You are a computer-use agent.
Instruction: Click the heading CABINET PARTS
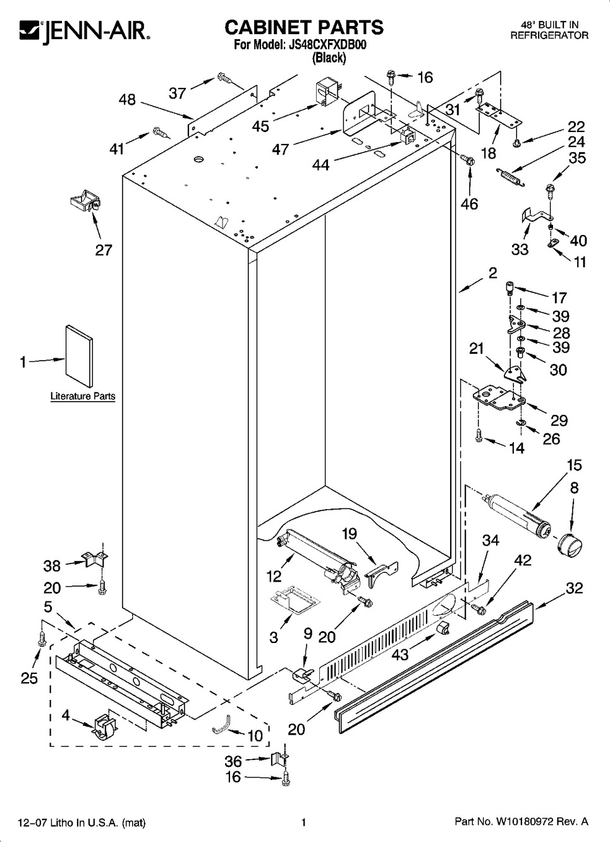pos(304,27)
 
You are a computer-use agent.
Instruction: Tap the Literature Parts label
pos(83,397)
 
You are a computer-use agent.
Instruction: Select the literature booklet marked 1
pos(80,356)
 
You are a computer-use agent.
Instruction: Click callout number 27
pos(104,250)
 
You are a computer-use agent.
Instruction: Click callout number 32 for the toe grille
pos(574,588)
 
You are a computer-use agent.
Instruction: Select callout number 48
pos(127,99)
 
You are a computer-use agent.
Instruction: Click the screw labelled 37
pos(224,78)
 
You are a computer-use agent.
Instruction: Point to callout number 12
pos(273,575)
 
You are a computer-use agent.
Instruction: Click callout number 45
pos(260,126)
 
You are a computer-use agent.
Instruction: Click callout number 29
pos(559,420)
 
